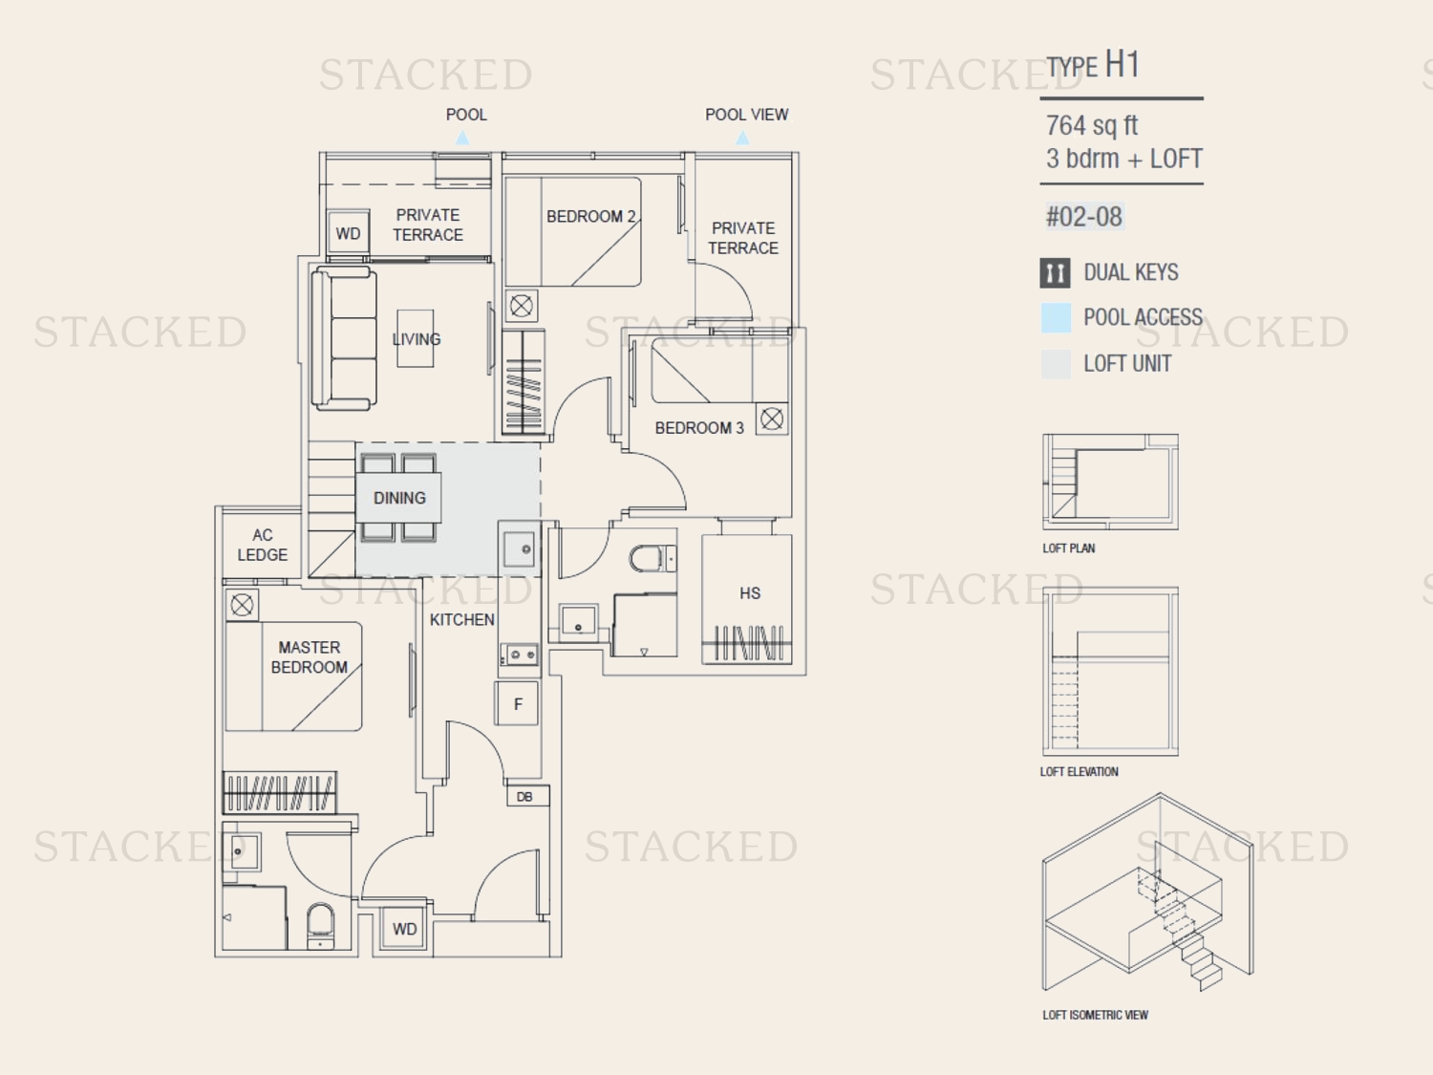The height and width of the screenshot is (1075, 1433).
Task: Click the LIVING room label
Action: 417,339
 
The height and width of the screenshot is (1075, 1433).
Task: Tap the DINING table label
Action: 399,498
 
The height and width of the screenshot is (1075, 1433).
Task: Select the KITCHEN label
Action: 461,619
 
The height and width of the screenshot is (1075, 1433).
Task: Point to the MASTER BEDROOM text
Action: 309,657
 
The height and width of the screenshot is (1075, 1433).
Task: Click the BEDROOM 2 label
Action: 590,217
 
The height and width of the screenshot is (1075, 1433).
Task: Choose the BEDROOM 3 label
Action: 699,428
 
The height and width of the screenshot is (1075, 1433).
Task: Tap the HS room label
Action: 750,593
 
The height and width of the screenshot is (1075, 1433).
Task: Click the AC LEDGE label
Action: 262,545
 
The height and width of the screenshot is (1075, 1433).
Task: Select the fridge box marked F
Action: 517,703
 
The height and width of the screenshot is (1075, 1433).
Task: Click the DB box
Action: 527,796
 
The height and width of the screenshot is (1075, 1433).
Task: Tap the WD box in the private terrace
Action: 348,232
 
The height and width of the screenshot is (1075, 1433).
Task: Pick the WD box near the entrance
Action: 404,928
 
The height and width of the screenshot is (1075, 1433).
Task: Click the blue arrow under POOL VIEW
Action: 742,138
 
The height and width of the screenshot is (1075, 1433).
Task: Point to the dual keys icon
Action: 1055,273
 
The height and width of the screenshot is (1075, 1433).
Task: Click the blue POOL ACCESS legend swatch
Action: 1056,318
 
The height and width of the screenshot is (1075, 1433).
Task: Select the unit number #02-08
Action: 1083,217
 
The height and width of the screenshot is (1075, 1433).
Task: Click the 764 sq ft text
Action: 1092,125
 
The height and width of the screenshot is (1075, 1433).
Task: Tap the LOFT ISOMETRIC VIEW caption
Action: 1095,1015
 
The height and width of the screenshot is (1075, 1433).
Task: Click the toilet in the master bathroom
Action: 320,926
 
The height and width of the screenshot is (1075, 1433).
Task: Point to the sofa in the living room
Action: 343,339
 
